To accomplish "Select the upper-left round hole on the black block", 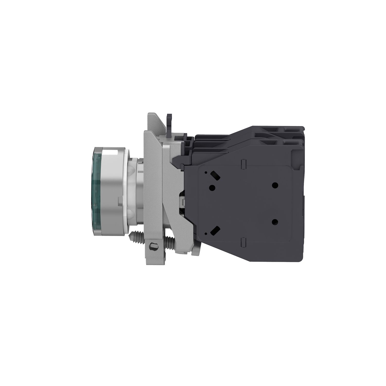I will pyautogui.click(x=212, y=187).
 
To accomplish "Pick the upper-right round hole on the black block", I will pyautogui.click(x=275, y=185).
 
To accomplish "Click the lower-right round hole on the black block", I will pyautogui.click(x=275, y=222).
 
